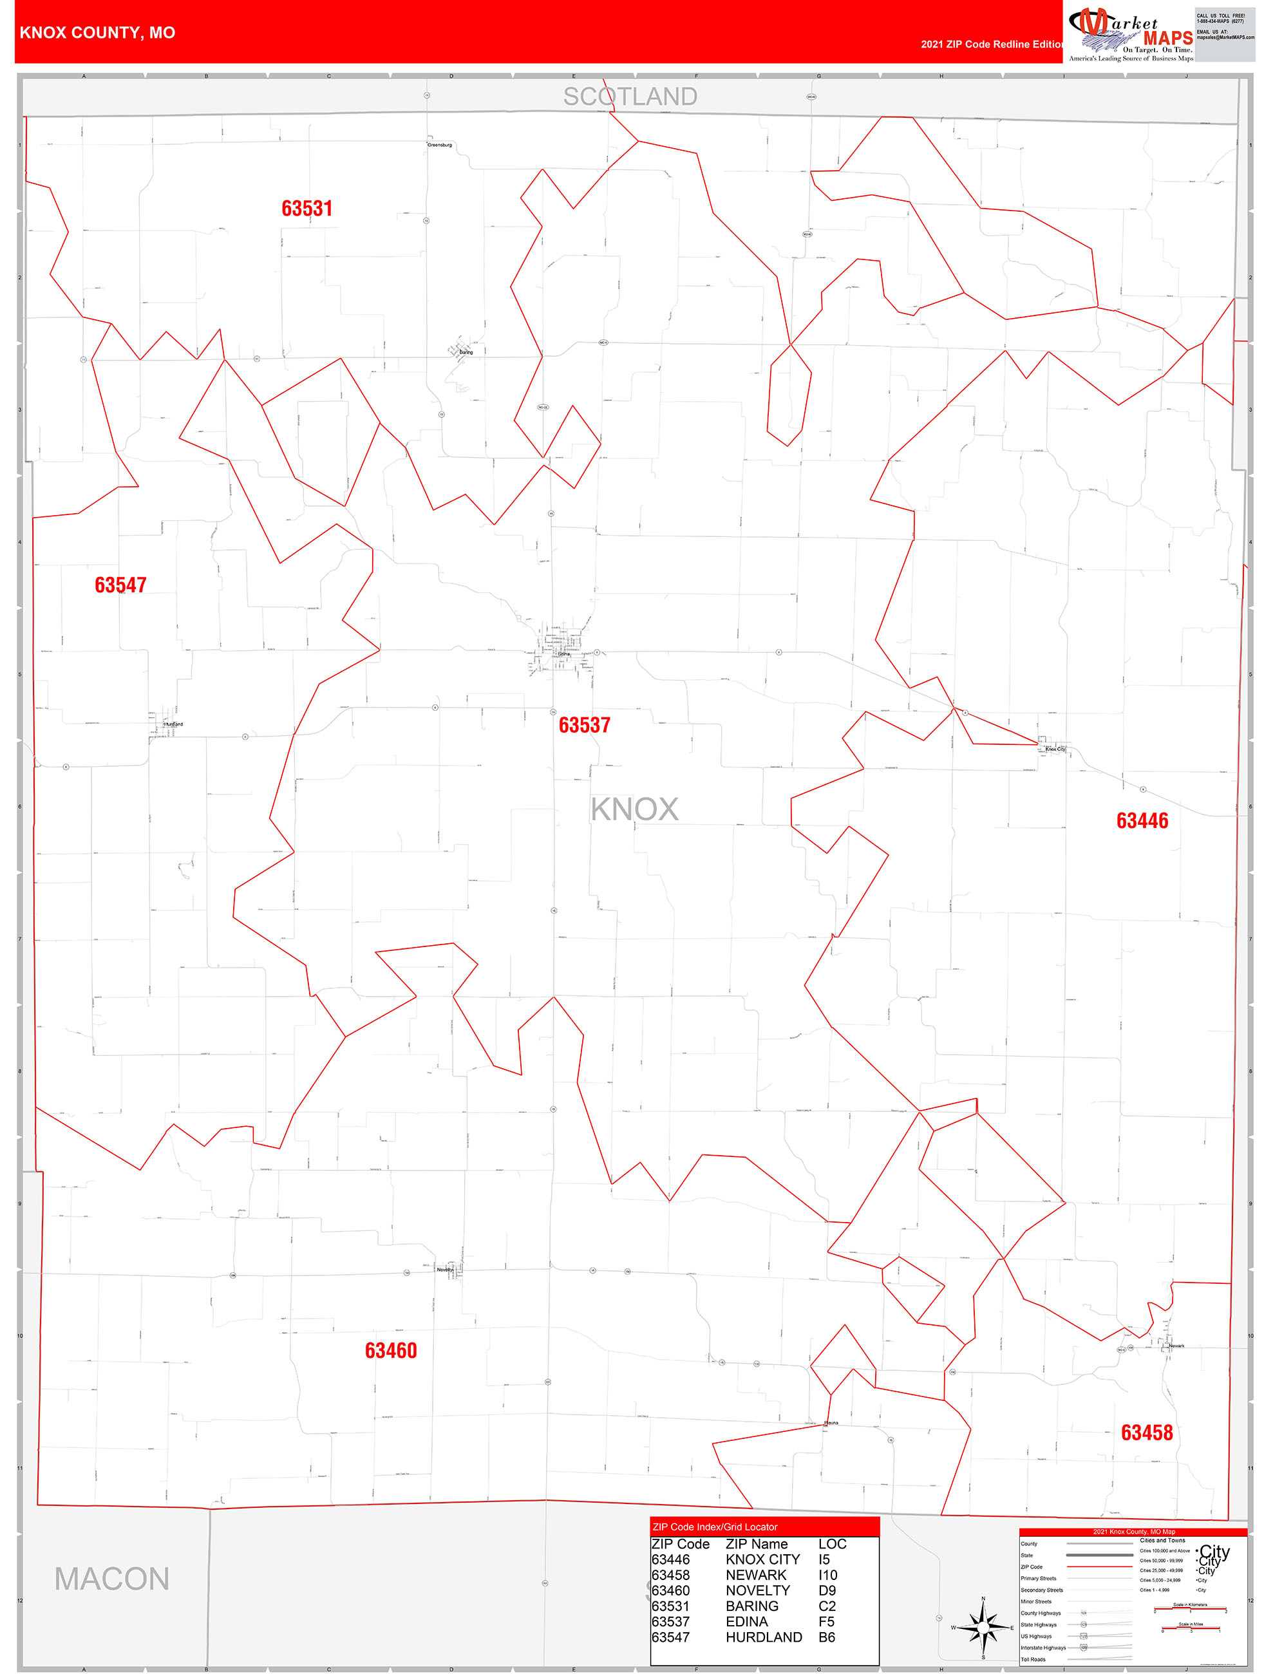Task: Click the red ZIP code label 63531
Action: (x=307, y=208)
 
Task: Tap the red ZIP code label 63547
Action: (x=120, y=585)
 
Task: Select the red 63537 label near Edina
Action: (x=583, y=725)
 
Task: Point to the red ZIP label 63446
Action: (x=1142, y=820)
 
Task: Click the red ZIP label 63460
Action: (x=391, y=1350)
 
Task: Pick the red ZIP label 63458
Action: (x=1146, y=1432)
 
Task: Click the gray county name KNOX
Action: (x=634, y=809)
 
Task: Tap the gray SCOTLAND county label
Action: (x=630, y=97)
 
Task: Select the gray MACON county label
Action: (x=111, y=1579)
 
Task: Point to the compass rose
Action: (x=983, y=1626)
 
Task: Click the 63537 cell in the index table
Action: (x=670, y=1621)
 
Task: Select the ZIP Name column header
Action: (x=756, y=1544)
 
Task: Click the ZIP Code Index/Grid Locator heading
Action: (x=715, y=1527)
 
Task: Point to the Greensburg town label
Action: (x=439, y=145)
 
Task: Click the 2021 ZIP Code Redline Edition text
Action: (x=992, y=44)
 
